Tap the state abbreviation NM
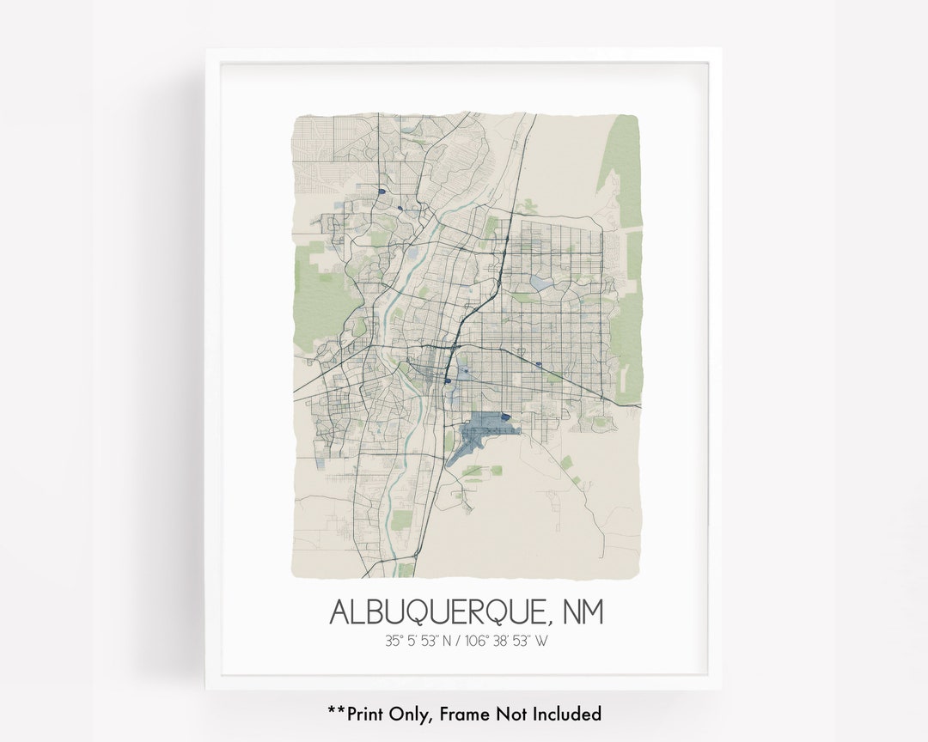point(583,612)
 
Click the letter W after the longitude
point(541,640)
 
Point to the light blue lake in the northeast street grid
point(542,282)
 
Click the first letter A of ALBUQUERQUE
point(341,612)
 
